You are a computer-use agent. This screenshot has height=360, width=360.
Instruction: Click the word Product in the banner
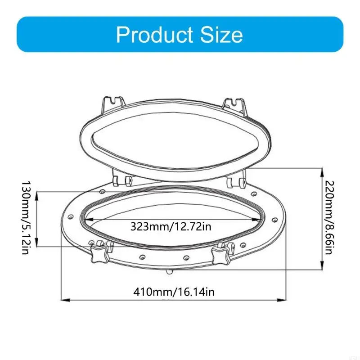point(154,35)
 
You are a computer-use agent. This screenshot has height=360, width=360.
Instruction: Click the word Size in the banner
point(221,35)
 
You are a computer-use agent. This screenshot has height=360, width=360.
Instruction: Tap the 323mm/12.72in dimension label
point(171,226)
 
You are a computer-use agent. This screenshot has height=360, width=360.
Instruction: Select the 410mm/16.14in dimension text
point(174,292)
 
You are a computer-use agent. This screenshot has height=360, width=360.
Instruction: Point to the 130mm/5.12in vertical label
point(26,218)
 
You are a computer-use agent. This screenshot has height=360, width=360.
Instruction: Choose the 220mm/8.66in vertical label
point(329,218)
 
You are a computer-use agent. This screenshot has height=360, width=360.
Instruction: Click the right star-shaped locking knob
point(221,256)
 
